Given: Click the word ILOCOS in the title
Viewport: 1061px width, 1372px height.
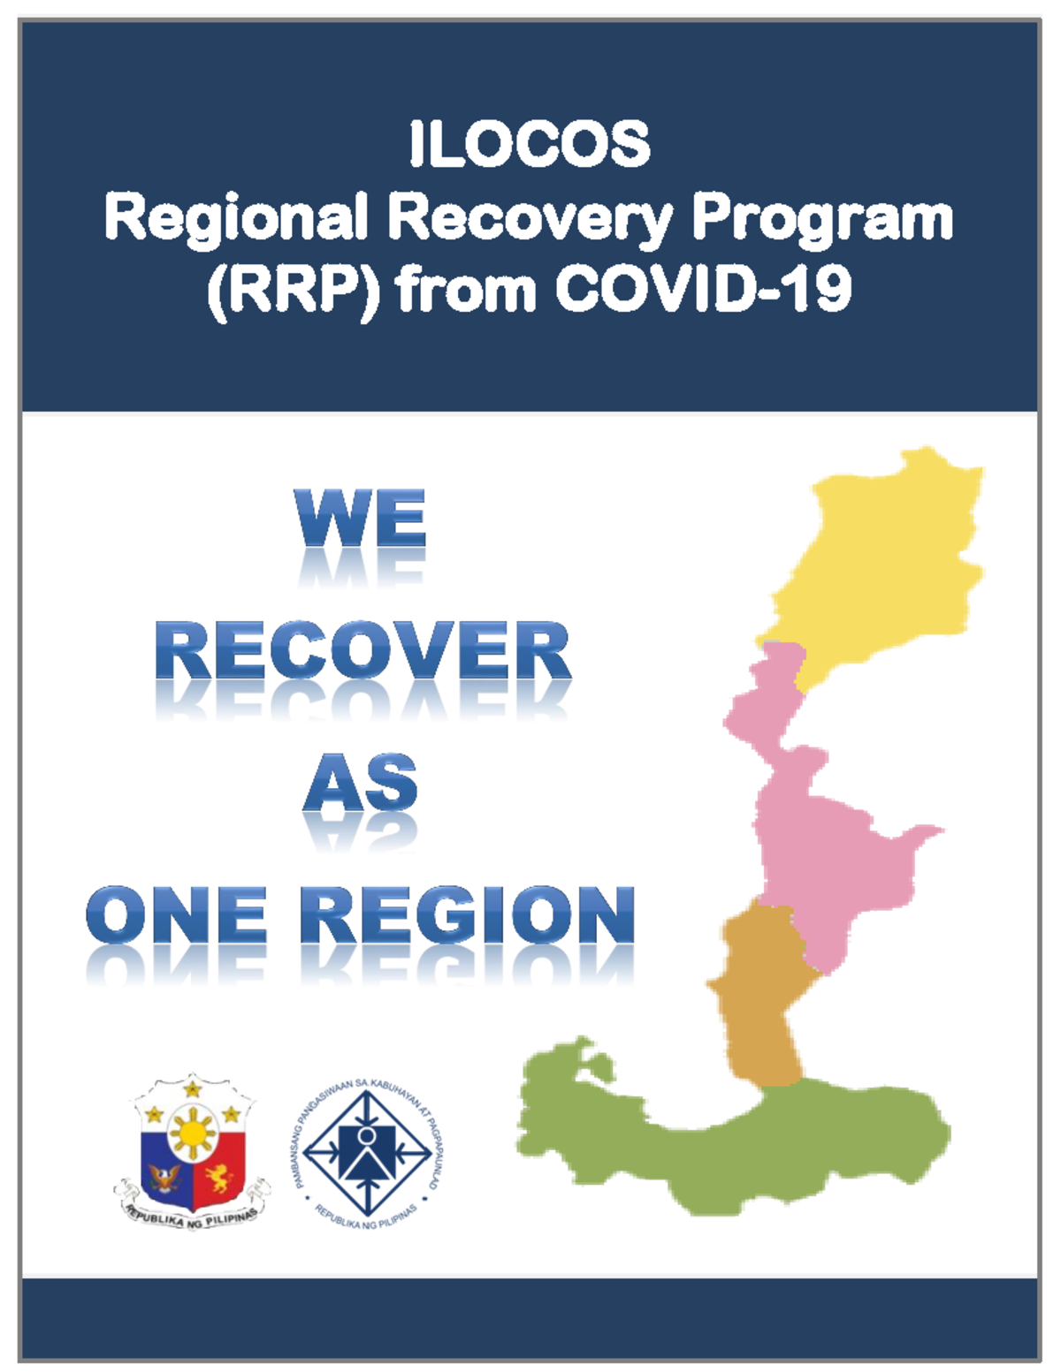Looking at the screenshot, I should [x=530, y=144].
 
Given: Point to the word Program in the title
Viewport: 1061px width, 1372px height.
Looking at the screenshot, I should [x=822, y=219].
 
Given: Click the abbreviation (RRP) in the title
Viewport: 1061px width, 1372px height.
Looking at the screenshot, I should [x=294, y=290].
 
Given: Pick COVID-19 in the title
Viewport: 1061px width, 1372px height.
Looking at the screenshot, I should [x=703, y=288].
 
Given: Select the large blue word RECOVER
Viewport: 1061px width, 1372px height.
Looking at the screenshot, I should [x=363, y=651].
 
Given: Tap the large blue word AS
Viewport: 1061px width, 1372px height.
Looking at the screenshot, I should [x=361, y=784].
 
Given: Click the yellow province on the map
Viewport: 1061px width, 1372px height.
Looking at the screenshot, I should [x=884, y=557].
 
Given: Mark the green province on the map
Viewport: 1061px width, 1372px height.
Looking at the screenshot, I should [x=752, y=1148].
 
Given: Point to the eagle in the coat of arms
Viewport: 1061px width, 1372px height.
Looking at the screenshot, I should [x=165, y=1177].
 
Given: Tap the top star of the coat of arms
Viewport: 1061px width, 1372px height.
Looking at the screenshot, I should [x=193, y=1088].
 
